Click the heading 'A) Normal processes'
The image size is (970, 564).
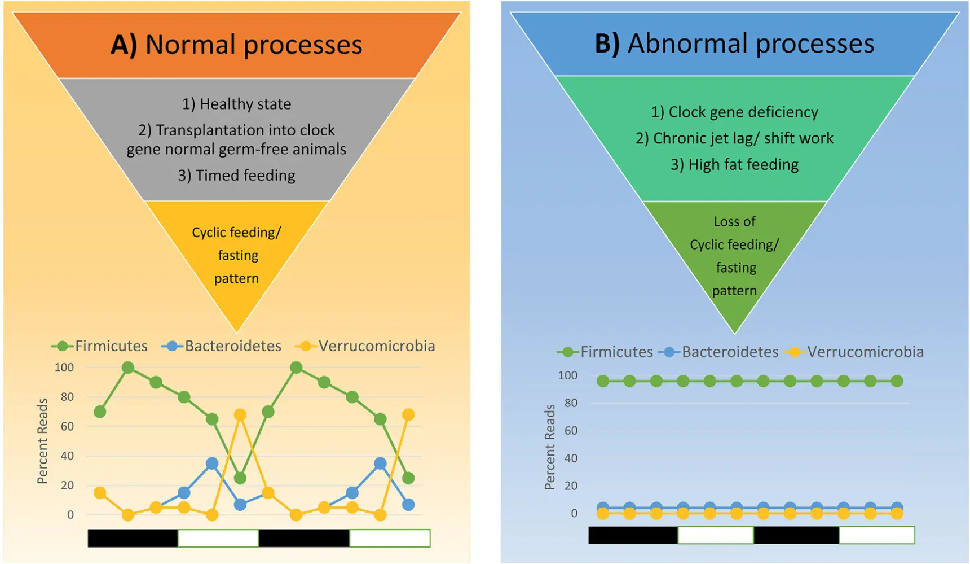tap(236, 45)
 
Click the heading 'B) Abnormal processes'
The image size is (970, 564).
tap(734, 43)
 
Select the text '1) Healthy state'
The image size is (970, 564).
tap(236, 104)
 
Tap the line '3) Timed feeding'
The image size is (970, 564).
tap(236, 176)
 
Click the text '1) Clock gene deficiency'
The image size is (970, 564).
tap(734, 112)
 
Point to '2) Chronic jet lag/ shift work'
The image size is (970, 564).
tap(734, 138)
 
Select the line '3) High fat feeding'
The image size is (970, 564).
tap(734, 165)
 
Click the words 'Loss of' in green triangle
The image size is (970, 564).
tap(734, 221)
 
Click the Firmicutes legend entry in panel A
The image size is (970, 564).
tap(100, 346)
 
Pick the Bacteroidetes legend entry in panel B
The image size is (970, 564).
tap(718, 352)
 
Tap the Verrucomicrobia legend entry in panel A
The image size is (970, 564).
tap(365, 346)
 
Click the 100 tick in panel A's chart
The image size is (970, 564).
tap(64, 368)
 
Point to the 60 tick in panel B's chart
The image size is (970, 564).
tap(571, 431)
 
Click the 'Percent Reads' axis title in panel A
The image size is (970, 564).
tap(42, 441)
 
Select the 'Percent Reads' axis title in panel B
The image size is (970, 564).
tap(550, 447)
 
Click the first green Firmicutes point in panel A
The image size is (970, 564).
tap(100, 412)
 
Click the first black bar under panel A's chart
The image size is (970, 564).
tap(133, 538)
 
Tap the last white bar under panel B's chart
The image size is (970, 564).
tap(876, 535)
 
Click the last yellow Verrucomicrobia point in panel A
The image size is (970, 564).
tap(408, 415)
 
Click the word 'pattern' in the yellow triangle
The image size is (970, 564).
tap(236, 279)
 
